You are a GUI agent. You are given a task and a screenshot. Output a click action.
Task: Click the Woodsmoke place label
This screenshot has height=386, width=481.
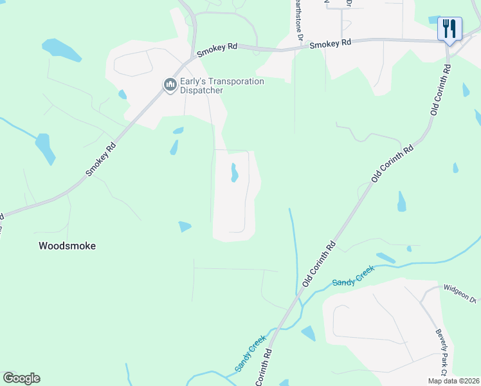(67, 246)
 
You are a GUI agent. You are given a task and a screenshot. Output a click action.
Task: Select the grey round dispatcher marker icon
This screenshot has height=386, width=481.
(170, 85)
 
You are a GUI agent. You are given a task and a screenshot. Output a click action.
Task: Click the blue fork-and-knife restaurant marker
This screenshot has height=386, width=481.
(449, 29)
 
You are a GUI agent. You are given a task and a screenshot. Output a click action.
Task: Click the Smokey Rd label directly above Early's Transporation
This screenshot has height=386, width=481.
(217, 50)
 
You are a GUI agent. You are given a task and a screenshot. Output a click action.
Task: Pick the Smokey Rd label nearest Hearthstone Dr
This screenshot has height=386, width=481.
(331, 44)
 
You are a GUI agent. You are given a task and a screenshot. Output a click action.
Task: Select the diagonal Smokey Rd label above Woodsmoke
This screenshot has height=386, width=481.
(102, 159)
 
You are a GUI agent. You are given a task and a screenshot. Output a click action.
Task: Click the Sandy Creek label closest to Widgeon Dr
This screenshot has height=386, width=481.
(353, 278)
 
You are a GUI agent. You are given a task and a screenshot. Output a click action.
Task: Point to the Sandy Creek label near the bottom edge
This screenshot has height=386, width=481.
(250, 353)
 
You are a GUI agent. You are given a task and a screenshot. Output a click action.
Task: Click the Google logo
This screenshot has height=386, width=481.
(21, 378)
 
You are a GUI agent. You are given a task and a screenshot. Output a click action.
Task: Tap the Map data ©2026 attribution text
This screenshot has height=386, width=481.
(453, 381)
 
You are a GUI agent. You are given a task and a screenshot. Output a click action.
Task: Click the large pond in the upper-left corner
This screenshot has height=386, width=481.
(61, 50)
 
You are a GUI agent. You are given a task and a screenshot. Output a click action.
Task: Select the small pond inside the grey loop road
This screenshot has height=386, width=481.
(234, 172)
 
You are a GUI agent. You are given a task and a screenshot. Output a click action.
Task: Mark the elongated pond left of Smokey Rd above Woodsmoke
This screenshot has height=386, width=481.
(44, 149)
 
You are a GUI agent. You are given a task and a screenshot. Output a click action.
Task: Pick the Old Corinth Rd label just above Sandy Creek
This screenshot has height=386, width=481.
(320, 264)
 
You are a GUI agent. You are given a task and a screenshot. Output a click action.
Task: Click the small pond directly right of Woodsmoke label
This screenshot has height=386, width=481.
(185, 226)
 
